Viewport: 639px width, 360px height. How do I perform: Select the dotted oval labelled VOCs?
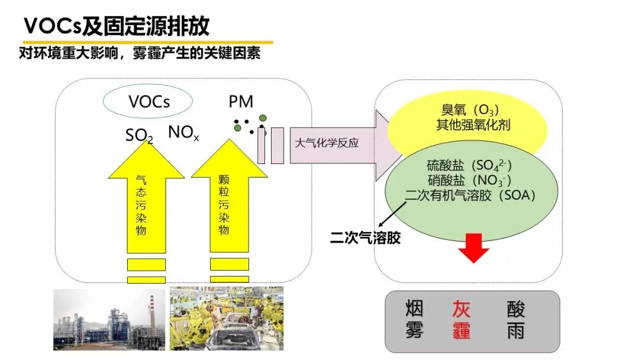[149, 101]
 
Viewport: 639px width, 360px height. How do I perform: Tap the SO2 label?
[139, 136]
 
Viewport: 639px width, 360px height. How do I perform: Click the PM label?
[241, 102]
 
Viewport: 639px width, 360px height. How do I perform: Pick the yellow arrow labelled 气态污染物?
[146, 201]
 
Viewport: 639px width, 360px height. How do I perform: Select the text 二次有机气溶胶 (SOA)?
[470, 195]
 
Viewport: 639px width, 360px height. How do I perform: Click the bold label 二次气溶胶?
[365, 238]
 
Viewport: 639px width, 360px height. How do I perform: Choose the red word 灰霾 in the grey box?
[461, 320]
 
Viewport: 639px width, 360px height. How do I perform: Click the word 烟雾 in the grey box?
[414, 320]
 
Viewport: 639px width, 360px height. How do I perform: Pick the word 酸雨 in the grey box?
[515, 320]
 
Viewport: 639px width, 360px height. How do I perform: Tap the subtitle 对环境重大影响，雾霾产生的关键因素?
[140, 53]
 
